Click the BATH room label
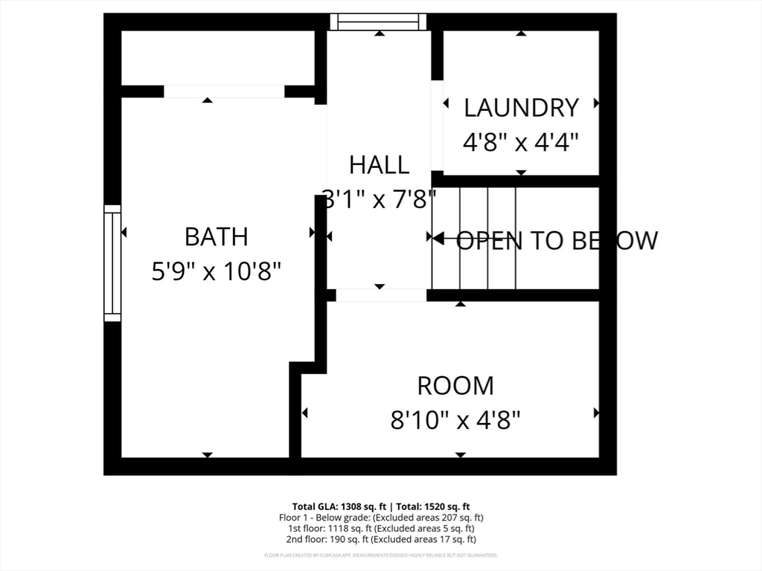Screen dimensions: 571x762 pyautogui.click(x=216, y=237)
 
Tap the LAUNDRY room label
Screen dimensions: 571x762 pyautogui.click(x=521, y=108)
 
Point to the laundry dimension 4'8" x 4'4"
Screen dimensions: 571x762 pyautogui.click(x=521, y=141)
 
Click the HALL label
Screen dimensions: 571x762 pyautogui.click(x=379, y=164)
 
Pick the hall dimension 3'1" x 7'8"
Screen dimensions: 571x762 pyautogui.click(x=379, y=199)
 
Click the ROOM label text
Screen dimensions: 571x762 pyautogui.click(x=455, y=386)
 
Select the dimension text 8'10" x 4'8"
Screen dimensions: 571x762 pyautogui.click(x=455, y=421)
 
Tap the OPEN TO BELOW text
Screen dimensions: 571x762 pyautogui.click(x=556, y=240)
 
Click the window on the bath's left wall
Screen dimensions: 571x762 pyautogui.click(x=112, y=263)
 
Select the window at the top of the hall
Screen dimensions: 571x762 pyautogui.click(x=379, y=22)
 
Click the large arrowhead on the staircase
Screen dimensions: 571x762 pyautogui.click(x=438, y=239)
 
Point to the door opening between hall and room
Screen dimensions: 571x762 pyautogui.click(x=381, y=295)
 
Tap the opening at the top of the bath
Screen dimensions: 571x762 pyautogui.click(x=224, y=91)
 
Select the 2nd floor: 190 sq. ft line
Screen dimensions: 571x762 pyautogui.click(x=381, y=539)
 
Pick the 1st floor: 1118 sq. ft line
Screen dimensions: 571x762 pyautogui.click(x=381, y=528)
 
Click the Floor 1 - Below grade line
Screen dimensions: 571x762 pyautogui.click(x=381, y=517)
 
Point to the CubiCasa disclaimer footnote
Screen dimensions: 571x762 pyautogui.click(x=381, y=555)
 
